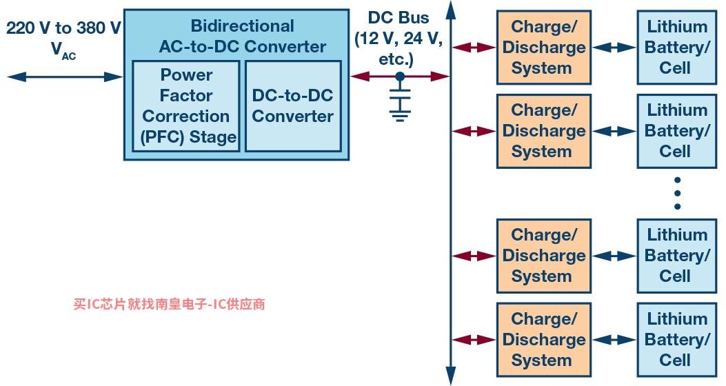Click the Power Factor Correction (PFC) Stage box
[x=186, y=106]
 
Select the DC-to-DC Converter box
[x=293, y=106]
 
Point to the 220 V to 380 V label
[x=63, y=28]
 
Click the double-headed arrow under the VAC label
[x=65, y=77]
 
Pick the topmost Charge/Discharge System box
[x=544, y=47]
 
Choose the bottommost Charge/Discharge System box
[x=544, y=340]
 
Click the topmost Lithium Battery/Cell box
[x=677, y=47]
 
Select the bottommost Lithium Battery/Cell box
[x=677, y=340]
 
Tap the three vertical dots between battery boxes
[x=677, y=193]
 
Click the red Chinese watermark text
[x=169, y=304]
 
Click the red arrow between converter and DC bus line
[x=400, y=77]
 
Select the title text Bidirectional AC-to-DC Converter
[x=242, y=36]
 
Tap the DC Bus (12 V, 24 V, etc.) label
[x=399, y=38]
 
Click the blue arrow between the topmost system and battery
[x=614, y=47]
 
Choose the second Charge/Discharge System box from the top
[x=544, y=131]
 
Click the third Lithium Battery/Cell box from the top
[x=677, y=256]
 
